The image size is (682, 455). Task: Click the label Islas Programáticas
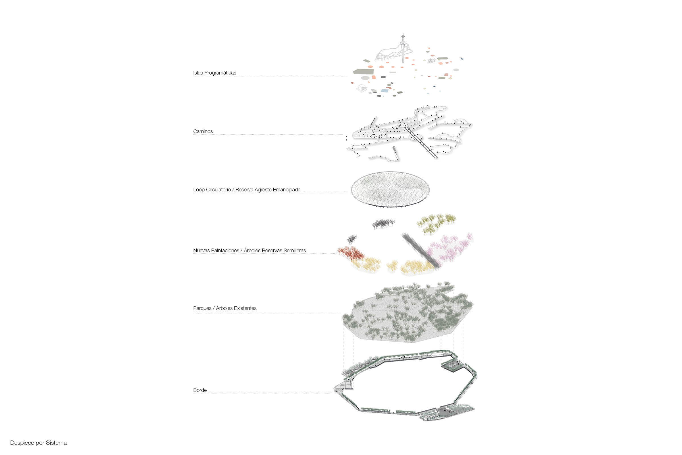tap(215, 73)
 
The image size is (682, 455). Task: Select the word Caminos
tap(203, 131)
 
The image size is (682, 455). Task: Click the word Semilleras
tap(295, 251)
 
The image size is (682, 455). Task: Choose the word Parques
tap(202, 308)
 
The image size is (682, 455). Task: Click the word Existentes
tap(245, 308)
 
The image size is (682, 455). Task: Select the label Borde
tap(200, 390)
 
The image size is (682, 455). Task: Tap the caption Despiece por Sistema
tap(38, 443)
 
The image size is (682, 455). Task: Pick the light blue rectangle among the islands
tap(384, 91)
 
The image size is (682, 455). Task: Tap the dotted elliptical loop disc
tap(390, 189)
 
